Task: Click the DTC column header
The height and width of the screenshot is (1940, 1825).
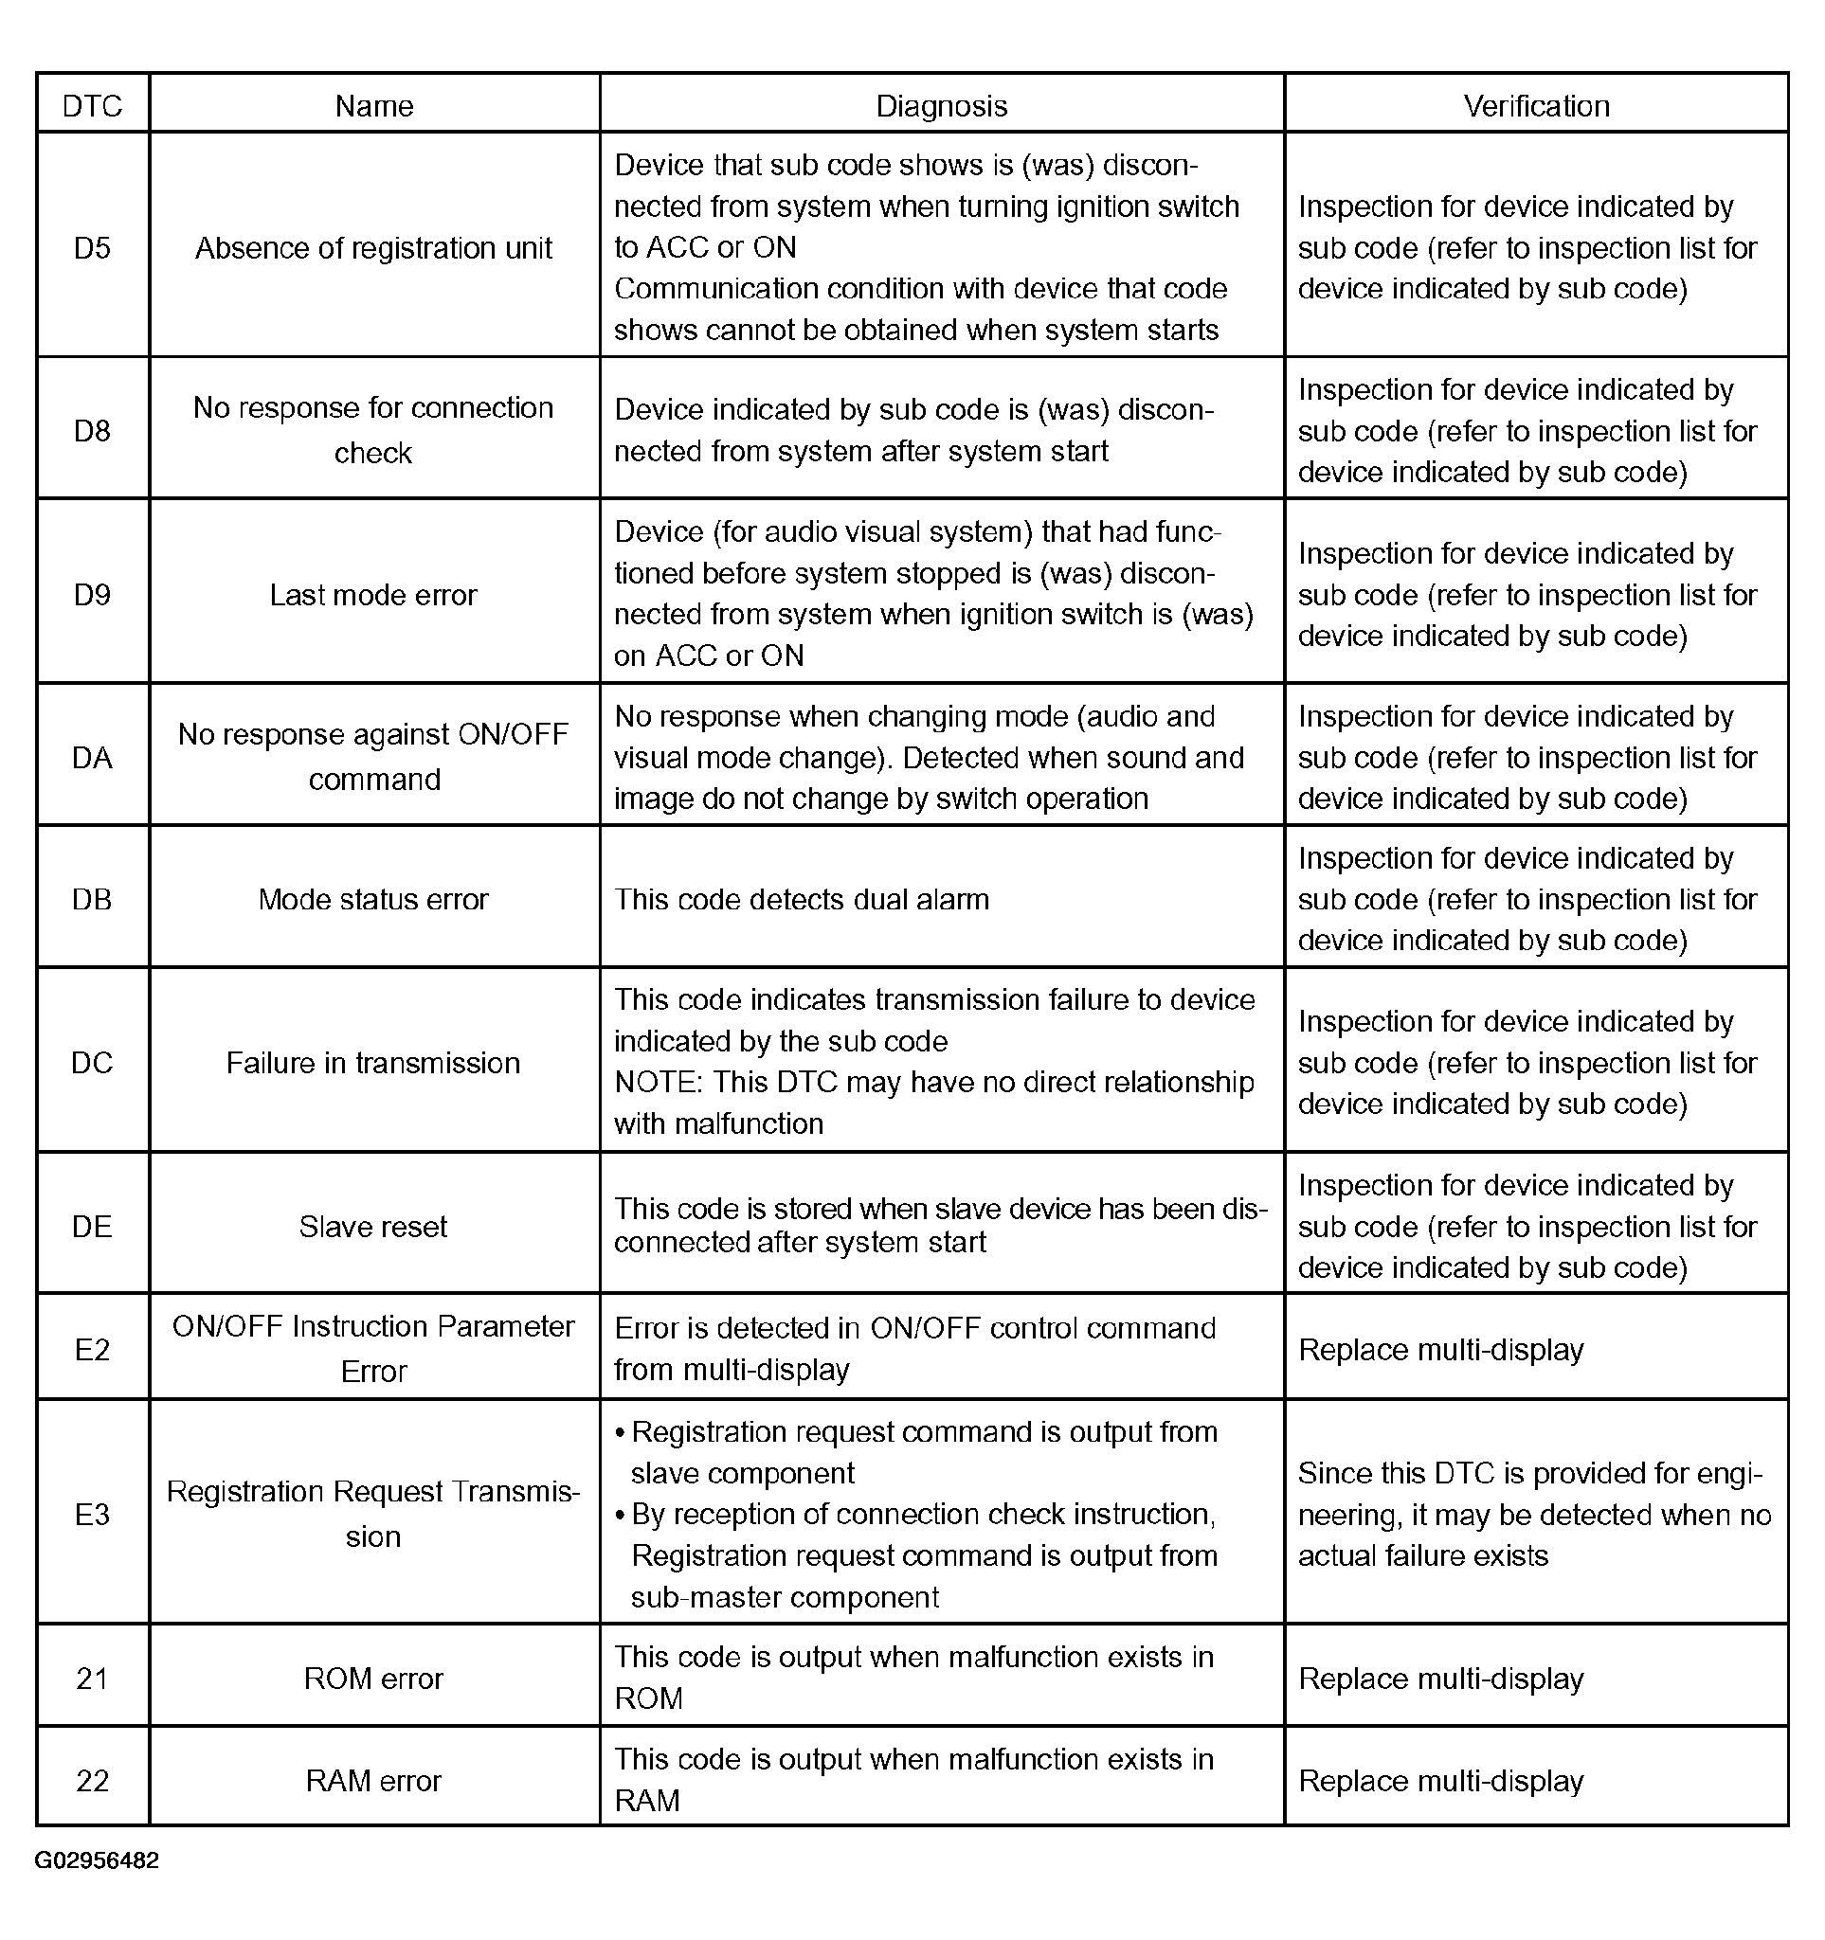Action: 93,105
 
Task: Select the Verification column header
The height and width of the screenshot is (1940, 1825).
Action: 1536,105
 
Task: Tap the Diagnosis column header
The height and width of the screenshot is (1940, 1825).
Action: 941,105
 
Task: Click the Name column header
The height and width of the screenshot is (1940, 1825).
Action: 373,105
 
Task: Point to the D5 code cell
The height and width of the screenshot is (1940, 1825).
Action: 93,248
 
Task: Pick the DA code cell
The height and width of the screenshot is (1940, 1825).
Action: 93,757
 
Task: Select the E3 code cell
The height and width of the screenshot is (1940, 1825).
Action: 93,1514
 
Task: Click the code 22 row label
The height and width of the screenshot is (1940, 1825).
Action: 93,1780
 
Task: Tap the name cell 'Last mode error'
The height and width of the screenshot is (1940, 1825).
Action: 373,594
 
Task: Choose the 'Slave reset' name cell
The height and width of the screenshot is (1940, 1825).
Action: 373,1226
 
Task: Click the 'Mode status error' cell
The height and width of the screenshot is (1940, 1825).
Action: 373,899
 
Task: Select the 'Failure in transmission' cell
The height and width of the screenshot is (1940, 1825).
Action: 373,1062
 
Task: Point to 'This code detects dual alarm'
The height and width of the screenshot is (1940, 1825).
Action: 802,899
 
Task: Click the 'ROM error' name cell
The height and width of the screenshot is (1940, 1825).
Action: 373,1678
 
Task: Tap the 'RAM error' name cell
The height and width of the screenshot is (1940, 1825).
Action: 373,1780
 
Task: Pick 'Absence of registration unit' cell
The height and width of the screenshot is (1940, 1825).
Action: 373,248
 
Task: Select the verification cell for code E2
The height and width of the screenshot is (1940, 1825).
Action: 1440,1350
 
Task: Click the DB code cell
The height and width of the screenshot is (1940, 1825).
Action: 93,899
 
